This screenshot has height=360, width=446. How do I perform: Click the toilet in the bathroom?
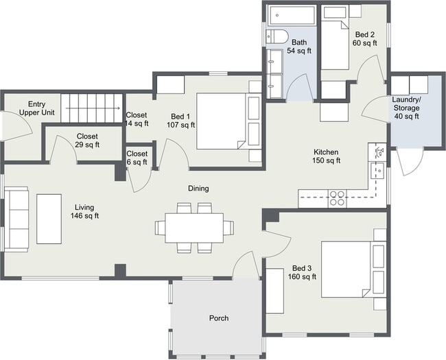[x=277, y=36]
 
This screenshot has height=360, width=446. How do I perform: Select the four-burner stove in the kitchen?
[x=337, y=198]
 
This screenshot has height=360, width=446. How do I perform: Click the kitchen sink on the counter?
[x=377, y=171]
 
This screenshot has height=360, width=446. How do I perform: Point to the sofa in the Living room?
[x=16, y=219]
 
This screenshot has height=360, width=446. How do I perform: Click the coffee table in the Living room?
[x=49, y=219]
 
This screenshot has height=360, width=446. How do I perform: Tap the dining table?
[x=195, y=228]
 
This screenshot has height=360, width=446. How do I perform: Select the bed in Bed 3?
[x=353, y=269]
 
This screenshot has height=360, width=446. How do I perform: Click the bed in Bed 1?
[x=228, y=121]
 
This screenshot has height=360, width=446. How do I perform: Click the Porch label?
[x=219, y=318]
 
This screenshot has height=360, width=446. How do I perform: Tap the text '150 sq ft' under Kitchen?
[x=326, y=160]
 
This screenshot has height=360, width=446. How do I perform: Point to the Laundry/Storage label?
[x=406, y=108]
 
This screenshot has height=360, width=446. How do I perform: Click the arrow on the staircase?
[x=93, y=108]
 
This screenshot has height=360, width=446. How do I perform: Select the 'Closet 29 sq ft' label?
[x=87, y=141]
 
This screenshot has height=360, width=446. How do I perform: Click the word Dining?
[x=198, y=189]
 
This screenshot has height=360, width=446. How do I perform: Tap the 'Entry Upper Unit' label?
[x=36, y=108]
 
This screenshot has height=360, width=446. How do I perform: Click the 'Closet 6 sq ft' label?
[x=137, y=158]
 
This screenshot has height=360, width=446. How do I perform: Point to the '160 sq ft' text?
[x=302, y=276]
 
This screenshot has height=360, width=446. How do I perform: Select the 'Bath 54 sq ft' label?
[x=299, y=47]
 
